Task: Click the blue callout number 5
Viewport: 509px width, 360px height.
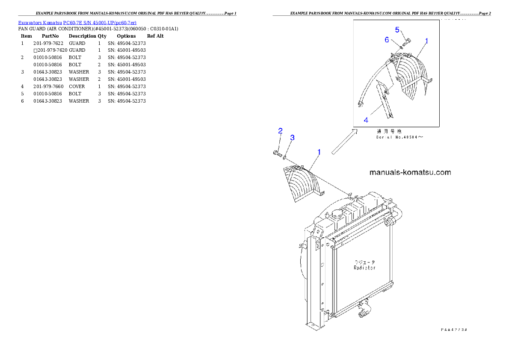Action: tap(397, 30)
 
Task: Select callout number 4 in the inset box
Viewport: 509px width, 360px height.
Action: tap(366, 120)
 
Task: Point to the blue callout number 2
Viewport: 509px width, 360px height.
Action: tap(280, 130)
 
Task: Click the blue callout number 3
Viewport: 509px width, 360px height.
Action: tap(292, 138)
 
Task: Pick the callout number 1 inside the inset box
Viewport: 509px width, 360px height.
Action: tap(426, 41)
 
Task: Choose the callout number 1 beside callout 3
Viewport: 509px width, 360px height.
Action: tap(319, 152)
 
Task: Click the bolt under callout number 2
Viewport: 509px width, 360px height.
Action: tap(276, 153)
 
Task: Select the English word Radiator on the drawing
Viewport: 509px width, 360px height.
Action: tap(364, 268)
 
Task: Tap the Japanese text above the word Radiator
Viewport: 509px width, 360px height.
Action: tap(364, 262)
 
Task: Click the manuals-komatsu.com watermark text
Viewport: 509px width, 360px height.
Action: tap(410, 173)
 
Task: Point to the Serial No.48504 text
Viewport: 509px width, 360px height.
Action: tap(400, 137)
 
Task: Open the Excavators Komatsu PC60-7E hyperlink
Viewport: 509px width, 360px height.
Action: tap(77, 23)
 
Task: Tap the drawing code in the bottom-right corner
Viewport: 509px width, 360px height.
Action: tap(454, 330)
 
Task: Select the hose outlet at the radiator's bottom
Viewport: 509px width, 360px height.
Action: tap(363, 314)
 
